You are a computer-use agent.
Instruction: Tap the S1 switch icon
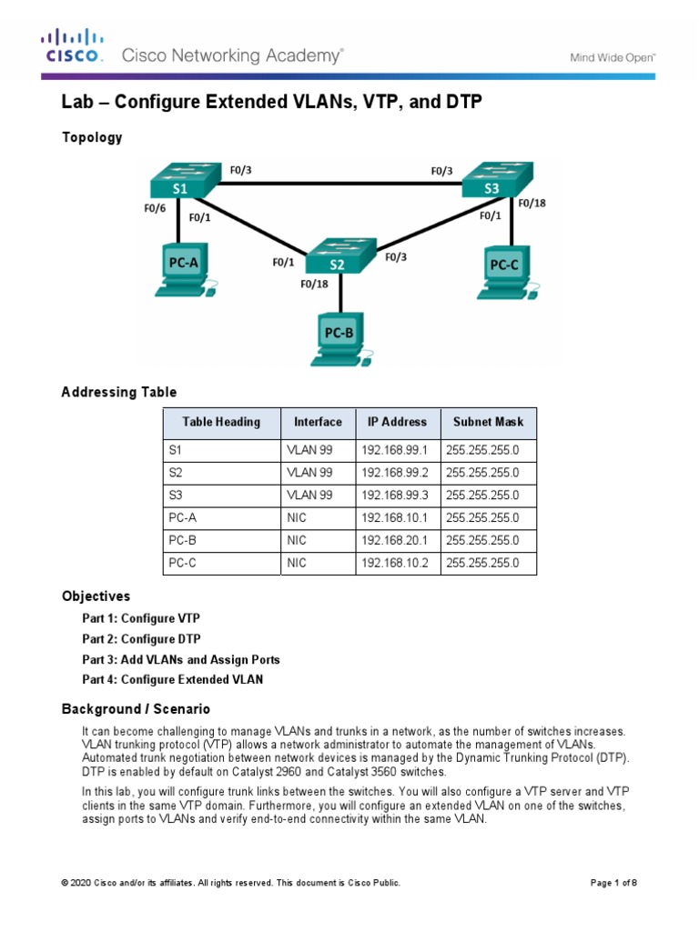coord(181,180)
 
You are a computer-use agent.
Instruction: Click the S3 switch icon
coord(494,181)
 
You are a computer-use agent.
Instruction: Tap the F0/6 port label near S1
coord(155,208)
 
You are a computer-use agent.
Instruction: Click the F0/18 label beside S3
coord(532,204)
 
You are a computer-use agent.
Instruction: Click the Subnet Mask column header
coord(489,422)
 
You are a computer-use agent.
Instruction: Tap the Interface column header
coord(318,422)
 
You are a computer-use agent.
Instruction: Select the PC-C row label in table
coord(182,563)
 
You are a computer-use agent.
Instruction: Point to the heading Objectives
coord(96,596)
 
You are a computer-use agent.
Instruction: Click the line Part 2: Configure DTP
coord(141,639)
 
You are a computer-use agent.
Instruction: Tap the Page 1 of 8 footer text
coord(620,883)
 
